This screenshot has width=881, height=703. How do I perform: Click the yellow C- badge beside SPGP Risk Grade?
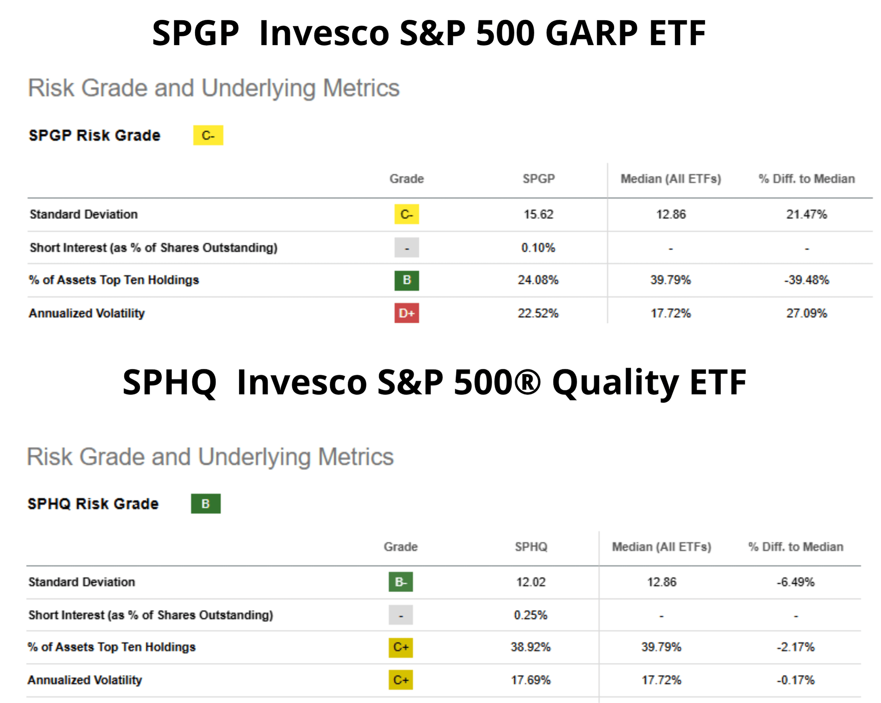[208, 135]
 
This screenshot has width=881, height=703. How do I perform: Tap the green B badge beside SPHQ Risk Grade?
[205, 504]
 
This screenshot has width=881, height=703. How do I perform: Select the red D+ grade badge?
[407, 313]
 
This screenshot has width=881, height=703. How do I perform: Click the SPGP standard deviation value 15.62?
[538, 214]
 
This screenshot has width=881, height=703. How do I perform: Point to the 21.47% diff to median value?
[806, 214]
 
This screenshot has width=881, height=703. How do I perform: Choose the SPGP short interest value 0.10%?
[538, 248]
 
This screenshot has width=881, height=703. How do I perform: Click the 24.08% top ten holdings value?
[538, 280]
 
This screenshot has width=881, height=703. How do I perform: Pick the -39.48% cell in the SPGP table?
[806, 280]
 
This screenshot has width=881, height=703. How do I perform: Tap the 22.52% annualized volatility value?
[538, 313]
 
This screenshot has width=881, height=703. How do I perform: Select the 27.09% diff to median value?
[806, 313]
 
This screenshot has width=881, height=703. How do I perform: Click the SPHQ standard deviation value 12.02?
[531, 582]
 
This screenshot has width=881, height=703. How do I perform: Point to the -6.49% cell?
[795, 582]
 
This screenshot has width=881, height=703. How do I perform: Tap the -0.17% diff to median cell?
[795, 680]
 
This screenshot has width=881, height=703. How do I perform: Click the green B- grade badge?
[401, 582]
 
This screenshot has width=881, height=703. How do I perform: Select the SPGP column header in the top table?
[539, 179]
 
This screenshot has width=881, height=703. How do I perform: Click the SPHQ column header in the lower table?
[531, 546]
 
